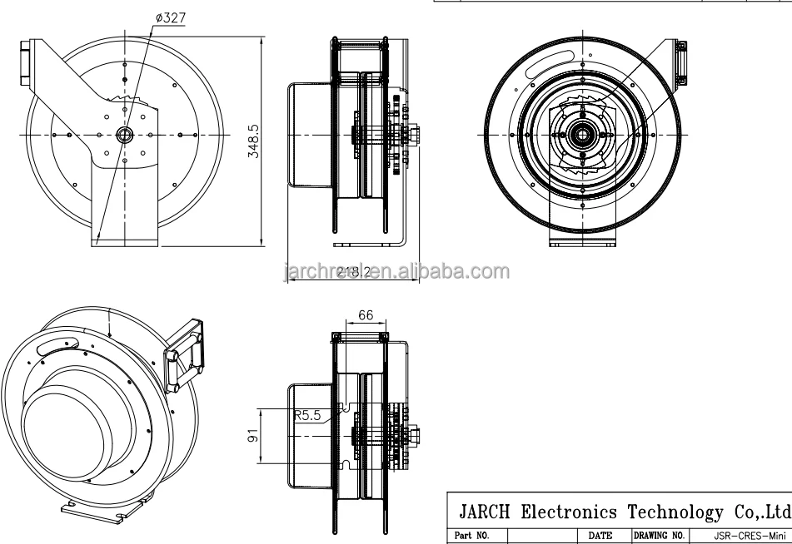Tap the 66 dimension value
click(x=364, y=316)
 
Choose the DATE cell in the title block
click(x=600, y=536)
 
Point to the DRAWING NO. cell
click(x=659, y=536)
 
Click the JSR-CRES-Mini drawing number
click(x=741, y=536)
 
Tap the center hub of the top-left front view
click(x=125, y=135)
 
